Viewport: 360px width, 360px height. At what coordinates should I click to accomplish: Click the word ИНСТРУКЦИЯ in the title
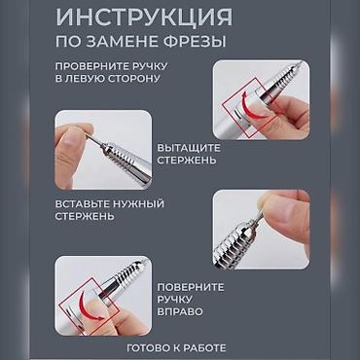[144, 18]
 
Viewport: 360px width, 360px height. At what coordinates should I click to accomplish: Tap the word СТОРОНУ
[130, 79]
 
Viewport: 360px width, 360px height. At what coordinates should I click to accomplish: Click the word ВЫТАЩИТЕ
[189, 148]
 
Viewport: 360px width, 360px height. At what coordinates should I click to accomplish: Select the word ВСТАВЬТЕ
[82, 204]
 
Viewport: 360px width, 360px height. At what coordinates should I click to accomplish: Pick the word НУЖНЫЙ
[138, 204]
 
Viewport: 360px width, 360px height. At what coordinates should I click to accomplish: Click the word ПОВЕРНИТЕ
[191, 287]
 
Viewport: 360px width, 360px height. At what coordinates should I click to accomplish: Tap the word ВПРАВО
[180, 311]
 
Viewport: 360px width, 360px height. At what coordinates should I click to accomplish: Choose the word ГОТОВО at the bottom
[148, 348]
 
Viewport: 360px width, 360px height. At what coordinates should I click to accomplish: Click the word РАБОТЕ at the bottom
[204, 348]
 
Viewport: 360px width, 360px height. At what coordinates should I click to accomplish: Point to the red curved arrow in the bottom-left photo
[88, 306]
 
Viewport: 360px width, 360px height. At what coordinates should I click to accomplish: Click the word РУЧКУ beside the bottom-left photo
[175, 300]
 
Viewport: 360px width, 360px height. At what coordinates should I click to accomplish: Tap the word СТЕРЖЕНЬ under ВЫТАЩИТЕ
[187, 161]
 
